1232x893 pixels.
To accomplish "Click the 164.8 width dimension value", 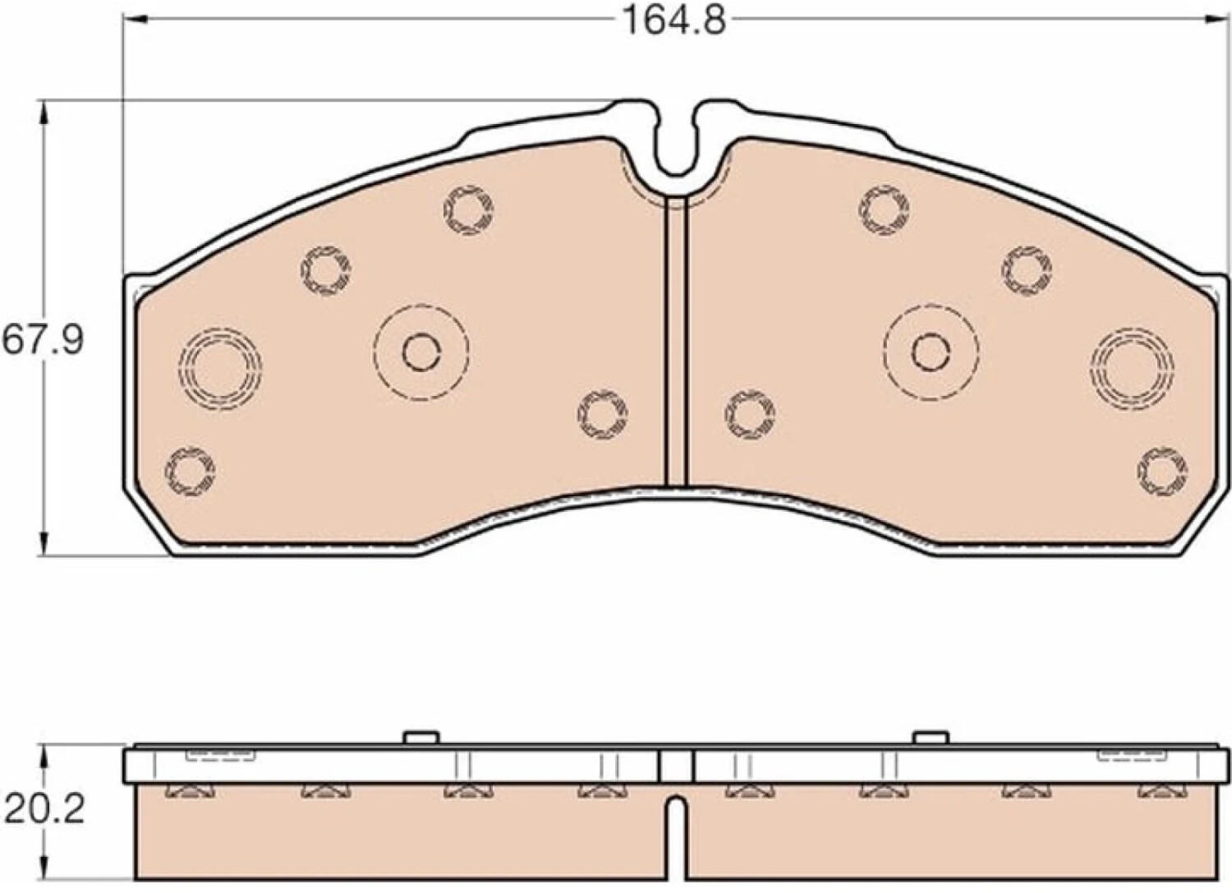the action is [x=673, y=21].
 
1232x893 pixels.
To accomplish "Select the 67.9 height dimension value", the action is [x=43, y=340].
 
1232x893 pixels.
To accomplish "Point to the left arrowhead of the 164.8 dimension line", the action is [x=135, y=20].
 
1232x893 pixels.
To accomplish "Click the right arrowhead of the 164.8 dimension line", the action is [x=1213, y=20].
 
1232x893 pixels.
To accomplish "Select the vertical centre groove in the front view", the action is [x=677, y=341].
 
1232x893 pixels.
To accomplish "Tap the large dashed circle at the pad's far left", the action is [x=220, y=369].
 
